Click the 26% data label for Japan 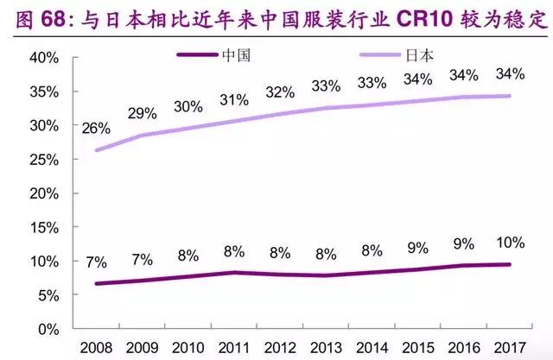click(95, 129)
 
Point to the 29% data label click(142, 113)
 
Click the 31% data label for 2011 click(234, 100)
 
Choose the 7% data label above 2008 click(95, 262)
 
